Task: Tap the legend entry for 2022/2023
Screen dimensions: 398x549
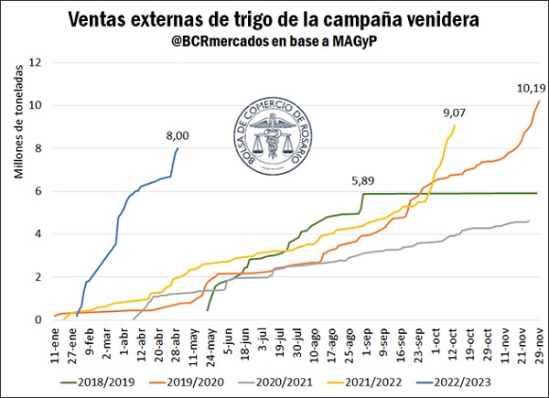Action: [498, 382]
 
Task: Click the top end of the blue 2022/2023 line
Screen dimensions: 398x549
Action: [178, 148]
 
